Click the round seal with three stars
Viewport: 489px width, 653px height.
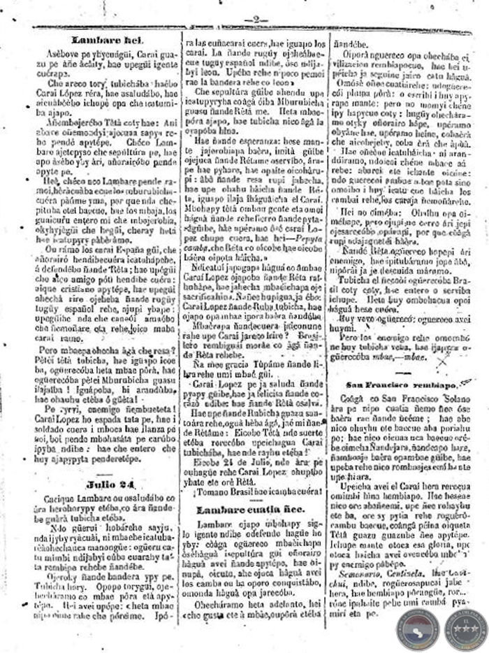click(x=466, y=629)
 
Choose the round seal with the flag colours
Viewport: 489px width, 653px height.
click(x=418, y=629)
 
